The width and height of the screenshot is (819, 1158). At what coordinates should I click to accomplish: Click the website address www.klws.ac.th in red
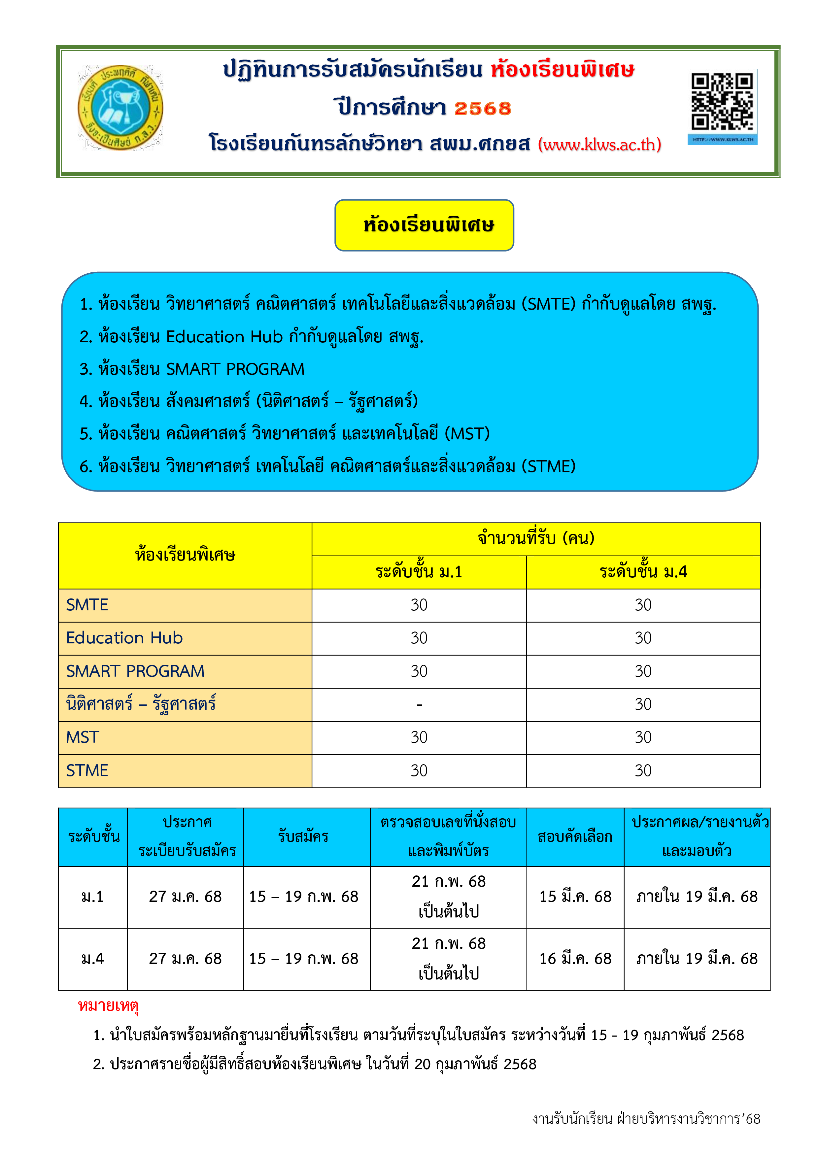click(599, 145)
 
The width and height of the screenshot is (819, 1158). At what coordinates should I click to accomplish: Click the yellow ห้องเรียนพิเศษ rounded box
click(424, 225)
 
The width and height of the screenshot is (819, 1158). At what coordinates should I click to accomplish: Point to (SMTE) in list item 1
click(548, 304)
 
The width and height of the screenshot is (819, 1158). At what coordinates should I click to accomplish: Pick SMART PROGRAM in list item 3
click(235, 369)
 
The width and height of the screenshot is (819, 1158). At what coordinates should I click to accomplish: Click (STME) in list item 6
click(548, 466)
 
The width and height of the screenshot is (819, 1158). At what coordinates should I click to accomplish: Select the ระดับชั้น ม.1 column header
click(419, 572)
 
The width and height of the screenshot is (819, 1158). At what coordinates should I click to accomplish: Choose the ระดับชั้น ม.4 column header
click(643, 572)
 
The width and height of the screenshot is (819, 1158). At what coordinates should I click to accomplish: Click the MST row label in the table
click(83, 737)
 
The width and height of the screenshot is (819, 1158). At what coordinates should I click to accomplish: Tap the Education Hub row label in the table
click(124, 638)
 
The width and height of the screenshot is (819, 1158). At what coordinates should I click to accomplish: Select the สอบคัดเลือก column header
click(575, 837)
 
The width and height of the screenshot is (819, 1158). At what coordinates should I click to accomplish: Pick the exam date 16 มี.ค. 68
click(575, 958)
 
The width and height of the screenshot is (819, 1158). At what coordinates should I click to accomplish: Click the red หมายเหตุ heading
click(108, 1006)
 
